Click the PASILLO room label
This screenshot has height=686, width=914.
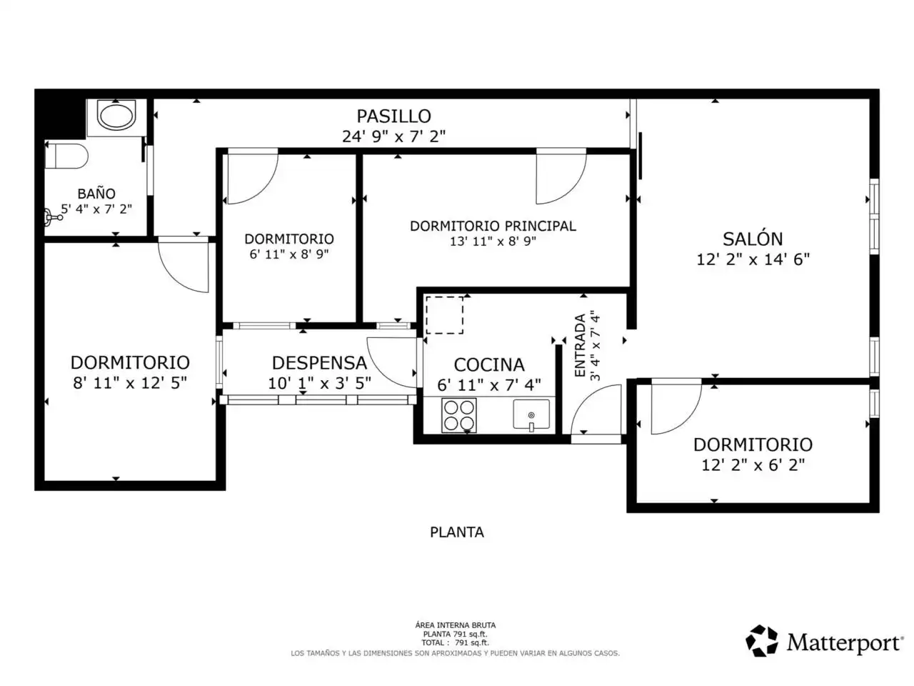point(393,116)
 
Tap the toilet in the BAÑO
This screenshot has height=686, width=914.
point(66,156)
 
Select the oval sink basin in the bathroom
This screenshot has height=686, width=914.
point(116,115)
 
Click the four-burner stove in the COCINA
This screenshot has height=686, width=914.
point(459,415)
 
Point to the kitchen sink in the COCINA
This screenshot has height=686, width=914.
point(531,414)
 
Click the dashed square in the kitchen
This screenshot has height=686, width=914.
point(444,315)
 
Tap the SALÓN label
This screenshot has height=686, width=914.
point(753,239)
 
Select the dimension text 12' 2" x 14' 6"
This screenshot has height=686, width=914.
point(753,259)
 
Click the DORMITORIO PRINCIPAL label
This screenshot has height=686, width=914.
point(493,226)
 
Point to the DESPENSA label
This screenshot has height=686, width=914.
point(319,363)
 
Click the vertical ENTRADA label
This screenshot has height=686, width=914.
point(580,345)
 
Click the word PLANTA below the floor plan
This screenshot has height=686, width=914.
point(457,532)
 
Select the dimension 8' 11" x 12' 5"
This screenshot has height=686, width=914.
point(130,382)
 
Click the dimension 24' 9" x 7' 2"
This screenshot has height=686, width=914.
point(394,136)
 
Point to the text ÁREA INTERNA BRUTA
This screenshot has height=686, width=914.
point(455,625)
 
